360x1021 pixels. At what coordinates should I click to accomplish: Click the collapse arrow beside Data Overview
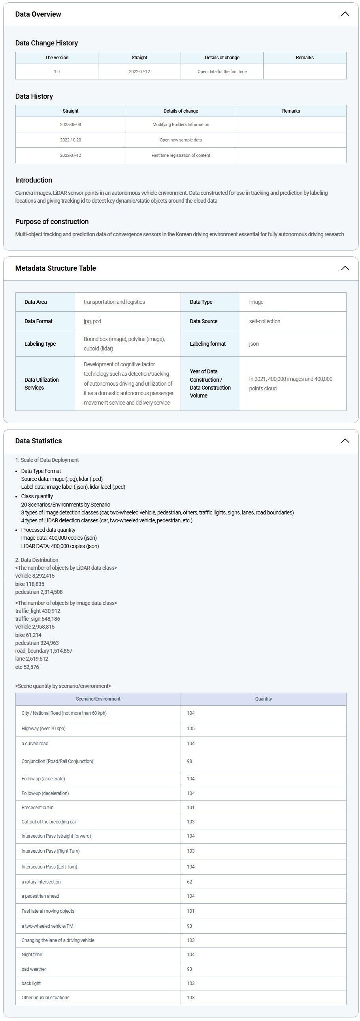[x=345, y=14]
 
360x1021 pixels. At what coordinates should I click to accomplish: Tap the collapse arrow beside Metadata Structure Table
[x=345, y=268]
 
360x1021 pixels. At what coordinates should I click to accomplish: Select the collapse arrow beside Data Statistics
[x=345, y=441]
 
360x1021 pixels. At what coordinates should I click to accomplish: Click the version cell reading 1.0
[x=57, y=72]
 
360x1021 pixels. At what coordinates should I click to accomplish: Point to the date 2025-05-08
[x=71, y=124]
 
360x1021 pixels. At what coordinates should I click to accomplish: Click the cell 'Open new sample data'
[x=181, y=140]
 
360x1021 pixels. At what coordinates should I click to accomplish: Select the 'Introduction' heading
[x=34, y=180]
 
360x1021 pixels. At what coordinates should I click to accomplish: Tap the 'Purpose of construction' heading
[x=52, y=222]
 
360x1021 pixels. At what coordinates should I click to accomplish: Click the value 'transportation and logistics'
[x=114, y=302]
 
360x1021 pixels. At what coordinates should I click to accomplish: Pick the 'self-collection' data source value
[x=264, y=322]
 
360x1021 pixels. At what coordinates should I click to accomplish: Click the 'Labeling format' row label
[x=207, y=344]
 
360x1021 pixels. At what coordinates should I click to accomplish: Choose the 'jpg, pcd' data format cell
[x=92, y=322]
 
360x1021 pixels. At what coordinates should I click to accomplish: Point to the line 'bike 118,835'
[x=30, y=584]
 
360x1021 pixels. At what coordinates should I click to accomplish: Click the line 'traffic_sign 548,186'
[x=38, y=619]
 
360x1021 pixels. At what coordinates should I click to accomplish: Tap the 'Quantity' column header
[x=263, y=699]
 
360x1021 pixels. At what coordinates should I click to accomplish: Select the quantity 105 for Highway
[x=191, y=729]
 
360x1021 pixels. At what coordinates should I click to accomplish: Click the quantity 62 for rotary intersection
[x=190, y=882]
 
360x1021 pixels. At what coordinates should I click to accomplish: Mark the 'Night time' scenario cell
[x=32, y=954]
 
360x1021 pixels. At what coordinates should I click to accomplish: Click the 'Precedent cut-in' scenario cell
[x=38, y=807]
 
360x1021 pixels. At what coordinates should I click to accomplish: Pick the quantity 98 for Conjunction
[x=190, y=761]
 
